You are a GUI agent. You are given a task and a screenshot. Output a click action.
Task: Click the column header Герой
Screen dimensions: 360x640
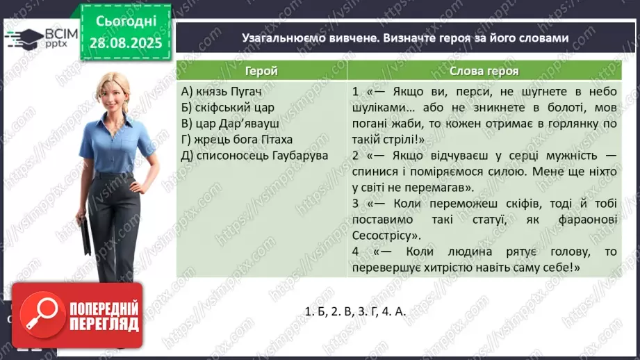[261, 71]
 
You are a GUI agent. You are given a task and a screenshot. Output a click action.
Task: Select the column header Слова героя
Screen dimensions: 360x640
[484, 71]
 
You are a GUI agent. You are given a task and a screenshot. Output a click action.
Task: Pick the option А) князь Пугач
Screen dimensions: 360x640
[220, 92]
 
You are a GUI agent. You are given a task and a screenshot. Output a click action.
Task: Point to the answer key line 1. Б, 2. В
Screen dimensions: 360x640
[354, 312]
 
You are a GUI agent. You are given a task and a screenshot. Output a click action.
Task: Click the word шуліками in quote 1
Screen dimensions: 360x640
[376, 108]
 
